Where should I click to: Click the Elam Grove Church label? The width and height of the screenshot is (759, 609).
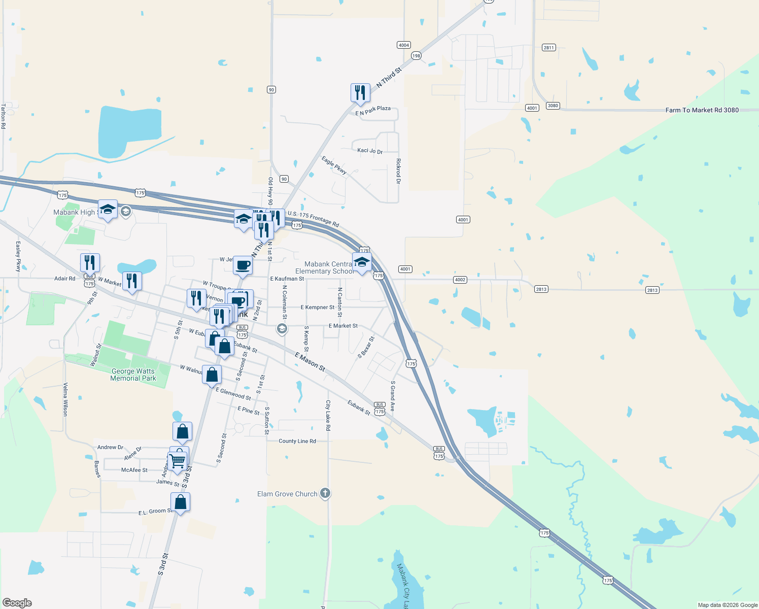[x=287, y=494]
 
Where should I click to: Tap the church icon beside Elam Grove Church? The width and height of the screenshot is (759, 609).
[x=325, y=493]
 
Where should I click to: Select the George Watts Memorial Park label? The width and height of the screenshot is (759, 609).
[x=133, y=375]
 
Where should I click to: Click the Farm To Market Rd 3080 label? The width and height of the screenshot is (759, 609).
[x=702, y=110]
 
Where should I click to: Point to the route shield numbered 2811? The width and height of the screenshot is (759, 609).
[x=548, y=48]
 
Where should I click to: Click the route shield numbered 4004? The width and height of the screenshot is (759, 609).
[x=403, y=45]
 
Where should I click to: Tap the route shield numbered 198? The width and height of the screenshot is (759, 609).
[x=416, y=56]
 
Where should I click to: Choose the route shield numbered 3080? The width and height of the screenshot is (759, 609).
[x=553, y=106]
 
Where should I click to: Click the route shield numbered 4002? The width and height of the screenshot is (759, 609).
[x=460, y=280]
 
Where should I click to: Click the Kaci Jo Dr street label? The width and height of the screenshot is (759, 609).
[x=370, y=151]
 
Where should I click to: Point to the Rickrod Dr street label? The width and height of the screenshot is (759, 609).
[x=398, y=171]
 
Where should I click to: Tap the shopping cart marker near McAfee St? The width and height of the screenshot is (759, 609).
[x=177, y=461]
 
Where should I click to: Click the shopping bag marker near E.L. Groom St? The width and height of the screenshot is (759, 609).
[x=181, y=502]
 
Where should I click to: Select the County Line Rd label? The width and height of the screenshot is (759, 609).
[x=297, y=441]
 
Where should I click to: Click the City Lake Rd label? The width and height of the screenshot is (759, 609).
[x=328, y=415]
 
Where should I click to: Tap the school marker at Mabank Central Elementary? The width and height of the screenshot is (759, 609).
[x=361, y=262]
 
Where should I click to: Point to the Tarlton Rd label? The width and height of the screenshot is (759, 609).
[x=3, y=116]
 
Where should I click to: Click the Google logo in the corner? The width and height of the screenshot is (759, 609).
[x=17, y=603]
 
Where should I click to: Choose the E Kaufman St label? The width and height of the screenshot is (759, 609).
[x=287, y=279]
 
